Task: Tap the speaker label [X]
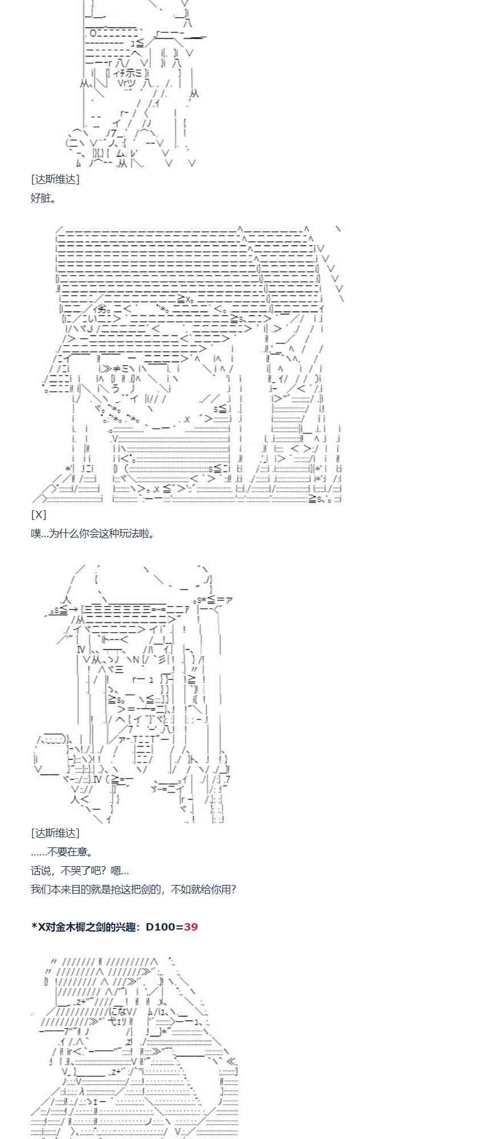pos(38,515)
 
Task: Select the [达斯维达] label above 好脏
pos(55,179)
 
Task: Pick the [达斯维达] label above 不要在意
pos(55,833)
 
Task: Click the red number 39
pos(191,927)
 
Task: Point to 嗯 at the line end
pos(116,871)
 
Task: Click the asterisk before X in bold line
pos(34,927)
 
